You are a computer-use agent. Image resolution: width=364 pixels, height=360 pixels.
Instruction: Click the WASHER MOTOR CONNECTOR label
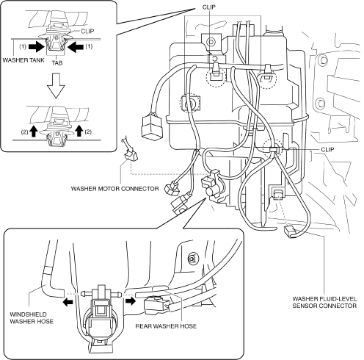114,189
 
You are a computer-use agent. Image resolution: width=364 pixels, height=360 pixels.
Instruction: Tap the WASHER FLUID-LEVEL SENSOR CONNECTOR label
324,302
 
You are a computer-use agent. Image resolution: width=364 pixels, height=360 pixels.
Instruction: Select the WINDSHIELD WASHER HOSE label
32,317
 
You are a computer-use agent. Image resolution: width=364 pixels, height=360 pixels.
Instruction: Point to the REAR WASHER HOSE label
166,326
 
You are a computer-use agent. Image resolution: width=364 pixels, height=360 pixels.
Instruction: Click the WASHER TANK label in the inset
23,60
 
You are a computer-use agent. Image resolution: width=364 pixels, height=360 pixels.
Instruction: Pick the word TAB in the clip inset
57,63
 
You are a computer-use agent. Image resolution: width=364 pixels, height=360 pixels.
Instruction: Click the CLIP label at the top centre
209,7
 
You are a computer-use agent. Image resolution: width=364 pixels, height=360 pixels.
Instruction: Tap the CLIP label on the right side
327,150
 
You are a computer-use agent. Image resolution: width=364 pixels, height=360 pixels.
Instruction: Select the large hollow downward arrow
57,85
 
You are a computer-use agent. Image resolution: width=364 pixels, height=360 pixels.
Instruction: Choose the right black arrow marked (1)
76,47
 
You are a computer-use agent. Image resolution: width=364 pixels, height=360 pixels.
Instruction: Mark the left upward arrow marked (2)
34,131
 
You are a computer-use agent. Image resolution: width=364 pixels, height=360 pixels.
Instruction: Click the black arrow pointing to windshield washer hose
68,302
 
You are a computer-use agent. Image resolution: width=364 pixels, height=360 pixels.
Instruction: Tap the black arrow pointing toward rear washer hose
131,300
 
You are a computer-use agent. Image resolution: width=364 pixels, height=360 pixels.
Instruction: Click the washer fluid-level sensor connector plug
289,231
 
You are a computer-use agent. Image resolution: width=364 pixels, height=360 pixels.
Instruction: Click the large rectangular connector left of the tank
150,126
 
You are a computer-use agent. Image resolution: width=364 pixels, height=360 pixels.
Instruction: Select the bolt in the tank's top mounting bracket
211,42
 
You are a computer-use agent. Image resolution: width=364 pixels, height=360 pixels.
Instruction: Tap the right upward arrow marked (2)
79,131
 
